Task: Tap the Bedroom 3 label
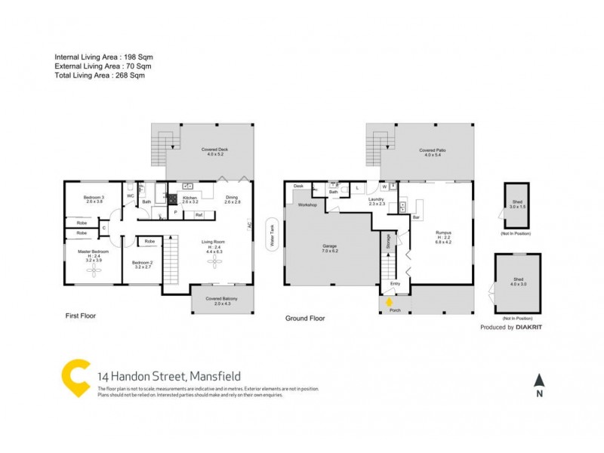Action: pos(94,199)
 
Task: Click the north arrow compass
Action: pos(538,382)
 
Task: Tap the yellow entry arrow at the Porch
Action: pos(390,302)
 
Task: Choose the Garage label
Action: pos(329,247)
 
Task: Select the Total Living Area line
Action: pos(100,75)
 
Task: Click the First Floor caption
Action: pos(79,316)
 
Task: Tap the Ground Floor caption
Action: pos(305,319)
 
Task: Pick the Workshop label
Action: pos(307,205)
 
